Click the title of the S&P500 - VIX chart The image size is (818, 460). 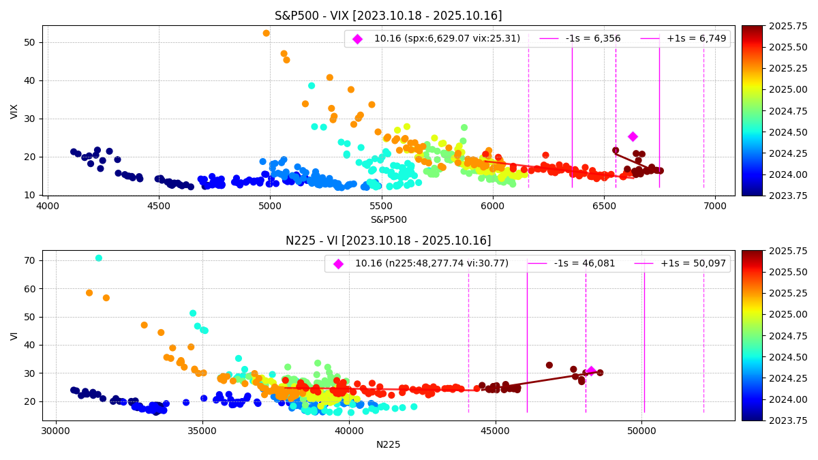[388, 16]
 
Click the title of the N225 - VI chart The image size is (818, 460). [388, 241]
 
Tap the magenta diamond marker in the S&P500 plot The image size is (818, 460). [633, 136]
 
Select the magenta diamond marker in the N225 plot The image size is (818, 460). [591, 371]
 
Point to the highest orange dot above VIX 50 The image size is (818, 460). [267, 33]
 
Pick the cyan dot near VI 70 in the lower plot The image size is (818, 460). [99, 258]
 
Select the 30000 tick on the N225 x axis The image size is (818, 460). [56, 431]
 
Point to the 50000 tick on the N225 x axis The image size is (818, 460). [641, 431]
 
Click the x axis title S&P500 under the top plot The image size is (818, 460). [388, 219]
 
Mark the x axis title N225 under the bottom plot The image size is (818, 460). [388, 444]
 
